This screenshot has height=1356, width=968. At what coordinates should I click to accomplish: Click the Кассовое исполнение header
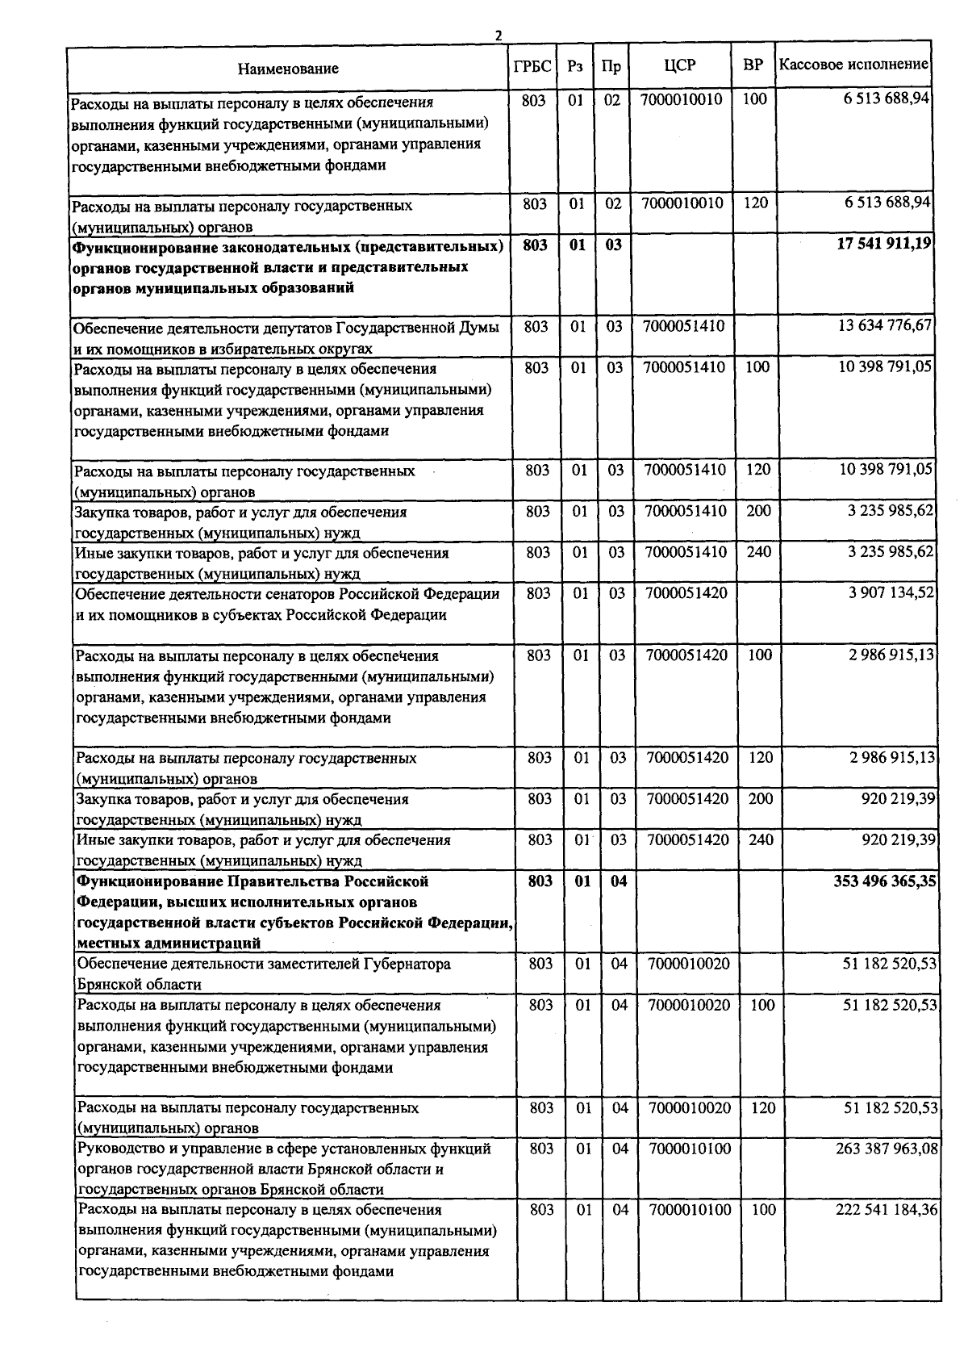pyautogui.click(x=853, y=65)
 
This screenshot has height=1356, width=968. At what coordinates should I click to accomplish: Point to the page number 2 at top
pyautogui.click(x=498, y=36)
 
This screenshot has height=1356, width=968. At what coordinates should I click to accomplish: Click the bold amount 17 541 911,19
pyautogui.click(x=884, y=245)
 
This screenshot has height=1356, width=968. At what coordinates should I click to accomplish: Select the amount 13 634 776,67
pyautogui.click(x=885, y=326)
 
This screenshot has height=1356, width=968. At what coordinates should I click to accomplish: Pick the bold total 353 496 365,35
pyautogui.click(x=885, y=881)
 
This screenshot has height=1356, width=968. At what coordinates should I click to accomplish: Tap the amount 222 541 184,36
pyautogui.click(x=887, y=1210)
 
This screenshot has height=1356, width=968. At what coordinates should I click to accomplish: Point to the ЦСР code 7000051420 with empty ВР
pyautogui.click(x=686, y=593)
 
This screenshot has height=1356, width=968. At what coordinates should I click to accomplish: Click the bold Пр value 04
pyautogui.click(x=618, y=881)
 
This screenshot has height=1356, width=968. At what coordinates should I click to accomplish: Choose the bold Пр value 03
pyautogui.click(x=614, y=245)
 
